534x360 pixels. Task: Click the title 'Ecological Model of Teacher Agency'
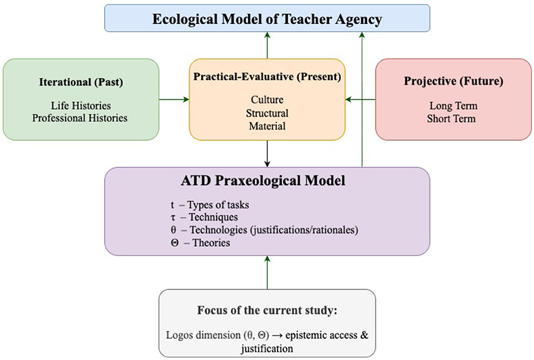coord(267,19)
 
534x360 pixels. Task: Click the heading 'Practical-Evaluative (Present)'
coord(267,77)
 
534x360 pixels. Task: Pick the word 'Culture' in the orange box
coord(267,100)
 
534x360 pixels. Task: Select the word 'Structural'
coord(267,113)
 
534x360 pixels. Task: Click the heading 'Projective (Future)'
coord(453,81)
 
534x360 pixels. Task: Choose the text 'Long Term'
coord(453,106)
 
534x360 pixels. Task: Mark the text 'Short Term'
coord(453,118)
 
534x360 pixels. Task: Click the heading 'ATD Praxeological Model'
coord(267,183)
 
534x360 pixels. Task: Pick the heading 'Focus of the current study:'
coord(267,311)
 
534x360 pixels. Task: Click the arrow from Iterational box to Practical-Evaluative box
coord(174,100)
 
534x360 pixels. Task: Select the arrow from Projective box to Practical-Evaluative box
coord(360,100)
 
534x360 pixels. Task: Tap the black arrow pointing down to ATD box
coord(267,154)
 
